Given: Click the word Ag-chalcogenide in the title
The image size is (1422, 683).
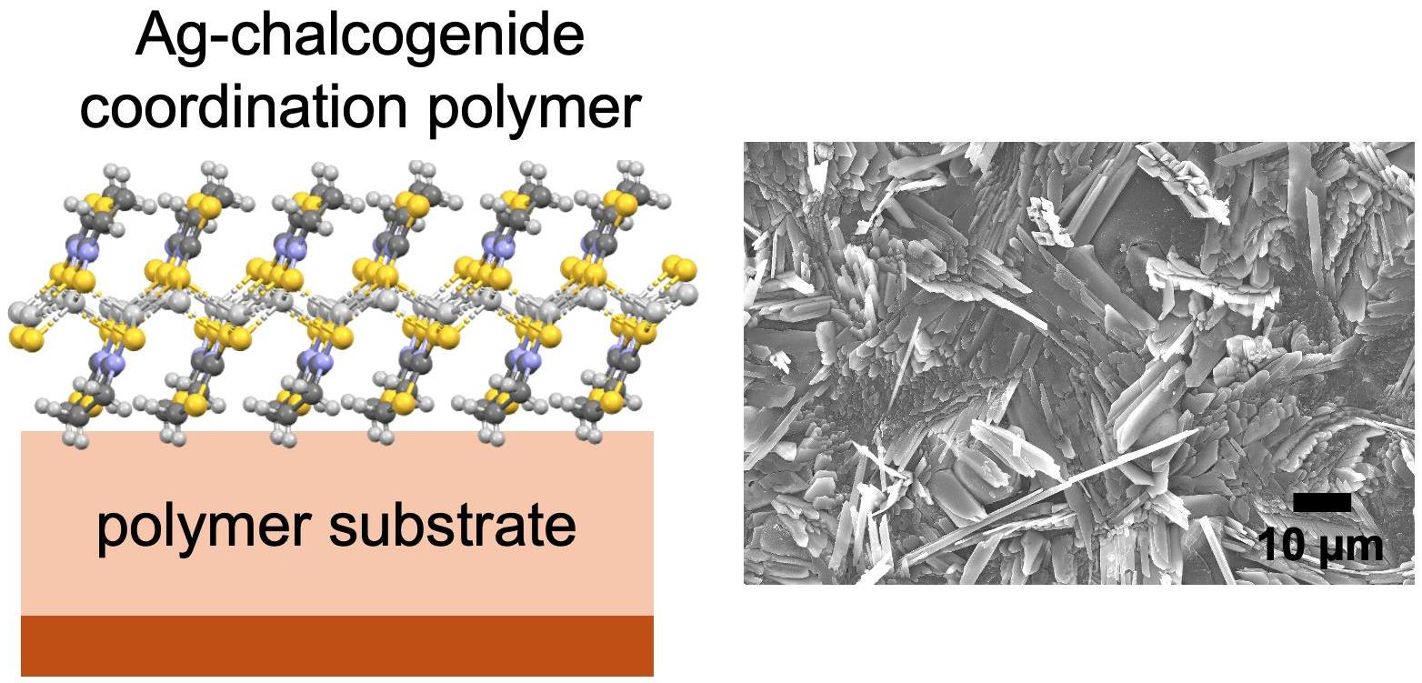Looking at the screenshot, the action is pos(359,38).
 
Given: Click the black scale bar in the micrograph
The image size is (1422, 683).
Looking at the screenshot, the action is pos(1321,503).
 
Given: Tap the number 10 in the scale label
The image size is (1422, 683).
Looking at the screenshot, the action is pos(1281,547).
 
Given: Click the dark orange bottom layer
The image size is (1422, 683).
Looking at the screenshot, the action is pos(336,645).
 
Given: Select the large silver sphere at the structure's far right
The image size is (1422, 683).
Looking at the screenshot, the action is pos(688,293).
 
